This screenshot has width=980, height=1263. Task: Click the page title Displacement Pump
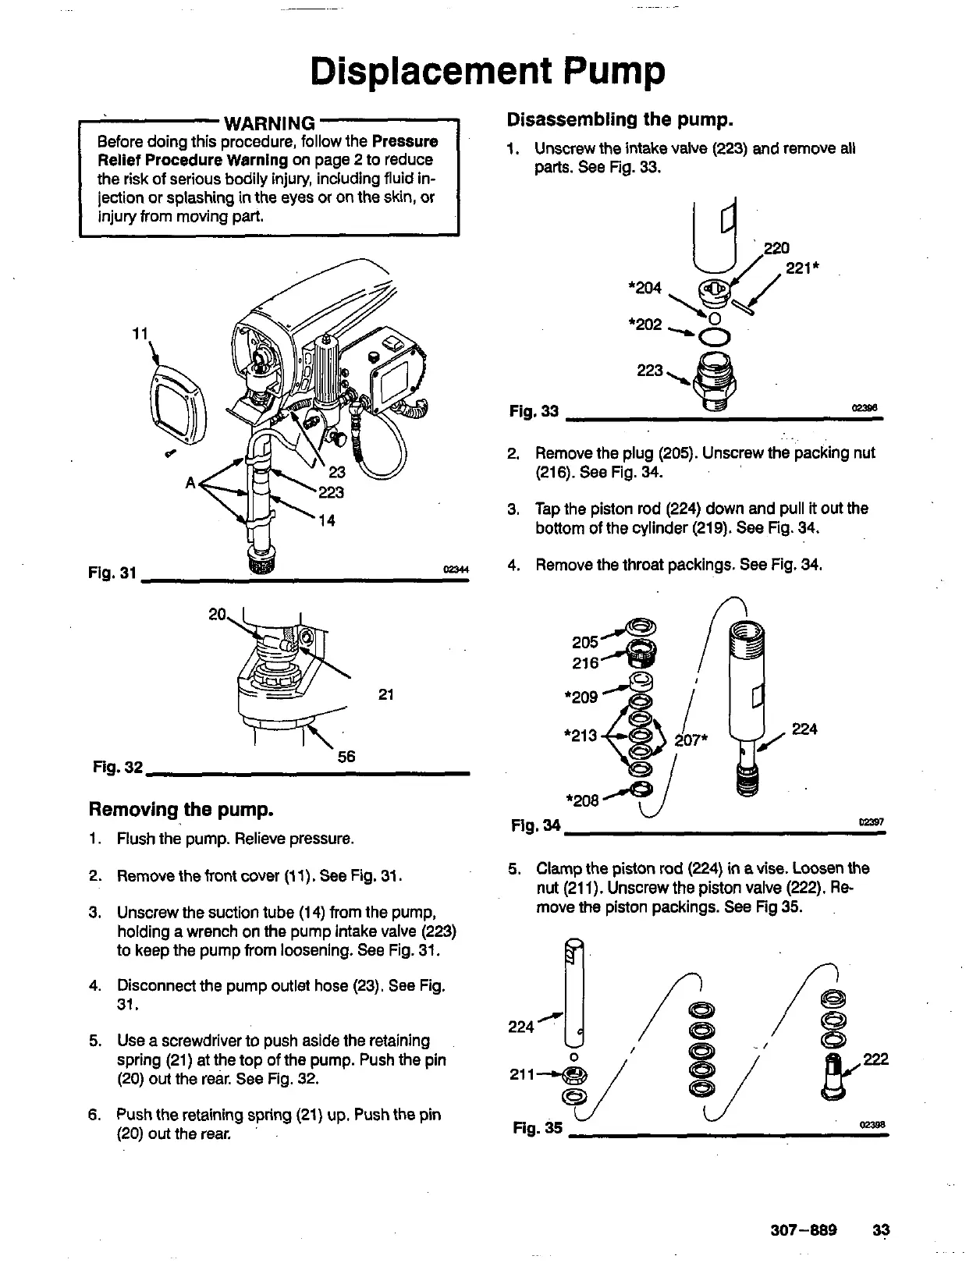(488, 72)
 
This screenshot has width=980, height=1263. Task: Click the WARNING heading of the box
(269, 123)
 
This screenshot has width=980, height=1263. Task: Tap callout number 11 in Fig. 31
(140, 333)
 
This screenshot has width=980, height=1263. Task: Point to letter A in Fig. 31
(190, 482)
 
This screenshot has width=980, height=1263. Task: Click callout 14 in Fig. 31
(328, 521)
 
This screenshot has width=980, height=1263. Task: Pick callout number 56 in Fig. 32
(346, 757)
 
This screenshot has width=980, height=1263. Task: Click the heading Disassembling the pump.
(620, 120)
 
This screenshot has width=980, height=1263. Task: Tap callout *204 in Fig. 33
(644, 288)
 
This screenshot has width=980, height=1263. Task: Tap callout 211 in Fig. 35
(522, 1076)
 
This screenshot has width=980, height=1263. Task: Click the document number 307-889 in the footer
(804, 1230)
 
